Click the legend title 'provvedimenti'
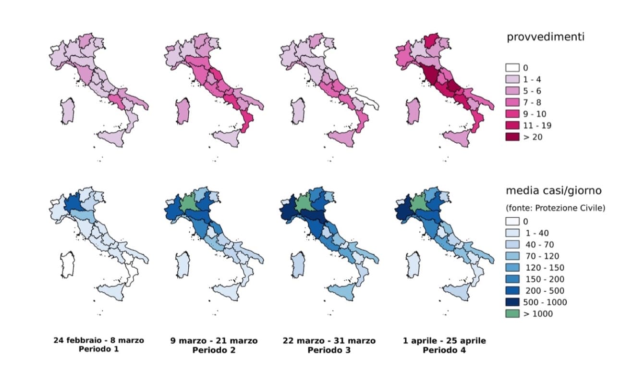point(546,37)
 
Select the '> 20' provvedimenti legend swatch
point(513,137)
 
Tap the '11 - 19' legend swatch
point(513,125)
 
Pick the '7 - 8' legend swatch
point(513,102)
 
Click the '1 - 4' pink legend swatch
point(513,79)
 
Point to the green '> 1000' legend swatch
point(513,314)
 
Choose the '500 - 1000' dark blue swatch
point(513,302)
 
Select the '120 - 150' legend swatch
point(513,268)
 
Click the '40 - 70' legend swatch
point(513,245)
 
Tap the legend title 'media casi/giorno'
point(553,191)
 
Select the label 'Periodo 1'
point(98,349)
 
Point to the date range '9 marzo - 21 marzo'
point(213,341)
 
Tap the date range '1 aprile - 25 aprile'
point(445,341)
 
